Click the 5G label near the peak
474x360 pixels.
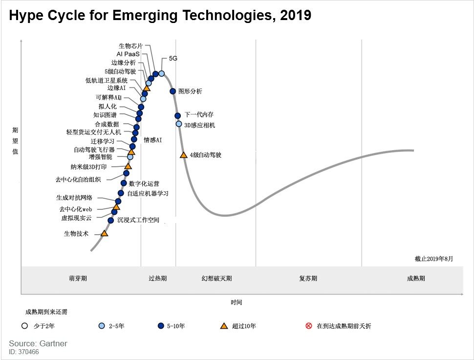click(x=173, y=58)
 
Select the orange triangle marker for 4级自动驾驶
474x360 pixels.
click(x=183, y=155)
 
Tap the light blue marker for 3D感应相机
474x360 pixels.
click(x=179, y=124)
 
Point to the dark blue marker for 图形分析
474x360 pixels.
click(x=172, y=91)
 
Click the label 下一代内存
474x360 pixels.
click(x=199, y=114)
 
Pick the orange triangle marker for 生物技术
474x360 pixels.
click(x=104, y=233)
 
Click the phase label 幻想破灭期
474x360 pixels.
click(x=216, y=278)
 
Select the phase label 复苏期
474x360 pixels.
click(x=308, y=278)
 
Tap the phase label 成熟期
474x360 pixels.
click(x=416, y=278)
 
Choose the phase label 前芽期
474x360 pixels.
click(x=78, y=278)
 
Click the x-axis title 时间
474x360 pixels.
click(x=237, y=302)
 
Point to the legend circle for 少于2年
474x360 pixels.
click(x=24, y=326)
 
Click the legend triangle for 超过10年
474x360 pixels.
click(x=224, y=326)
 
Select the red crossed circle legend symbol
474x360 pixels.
click(x=308, y=326)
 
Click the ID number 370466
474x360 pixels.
click(x=29, y=352)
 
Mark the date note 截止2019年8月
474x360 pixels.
click(x=434, y=258)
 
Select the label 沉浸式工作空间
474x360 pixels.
click(x=138, y=221)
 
